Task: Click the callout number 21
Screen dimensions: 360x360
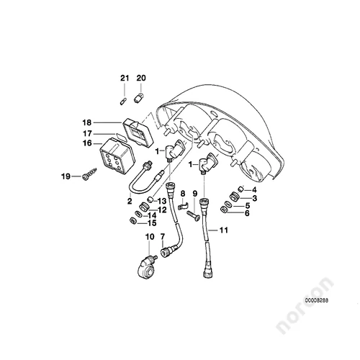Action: [125, 78]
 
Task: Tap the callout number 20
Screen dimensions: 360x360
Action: [141, 78]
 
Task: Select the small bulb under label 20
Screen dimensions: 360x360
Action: [139, 99]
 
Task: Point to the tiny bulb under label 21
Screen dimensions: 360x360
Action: [122, 101]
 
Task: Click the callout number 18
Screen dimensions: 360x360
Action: [87, 122]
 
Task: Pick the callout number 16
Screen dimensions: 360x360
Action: [87, 143]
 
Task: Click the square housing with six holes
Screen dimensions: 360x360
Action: [117, 156]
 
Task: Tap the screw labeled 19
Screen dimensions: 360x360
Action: [90, 174]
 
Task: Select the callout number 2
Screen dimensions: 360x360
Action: [130, 201]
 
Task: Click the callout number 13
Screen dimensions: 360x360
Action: [162, 201]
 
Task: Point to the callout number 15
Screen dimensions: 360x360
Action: [152, 223]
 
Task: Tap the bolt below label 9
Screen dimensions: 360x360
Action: [193, 216]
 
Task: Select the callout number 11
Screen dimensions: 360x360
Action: [224, 230]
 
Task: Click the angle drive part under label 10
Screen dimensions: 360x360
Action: [147, 269]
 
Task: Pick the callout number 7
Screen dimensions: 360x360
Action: [163, 237]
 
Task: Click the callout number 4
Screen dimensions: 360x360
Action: [254, 190]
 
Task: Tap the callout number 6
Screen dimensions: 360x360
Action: [247, 213]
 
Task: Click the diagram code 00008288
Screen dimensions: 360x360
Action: [317, 300]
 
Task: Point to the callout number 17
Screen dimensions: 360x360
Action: [87, 133]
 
